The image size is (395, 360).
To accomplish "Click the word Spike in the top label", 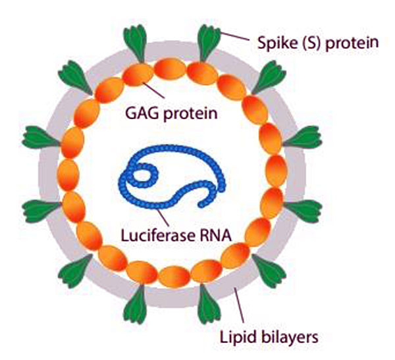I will point(272,44).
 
